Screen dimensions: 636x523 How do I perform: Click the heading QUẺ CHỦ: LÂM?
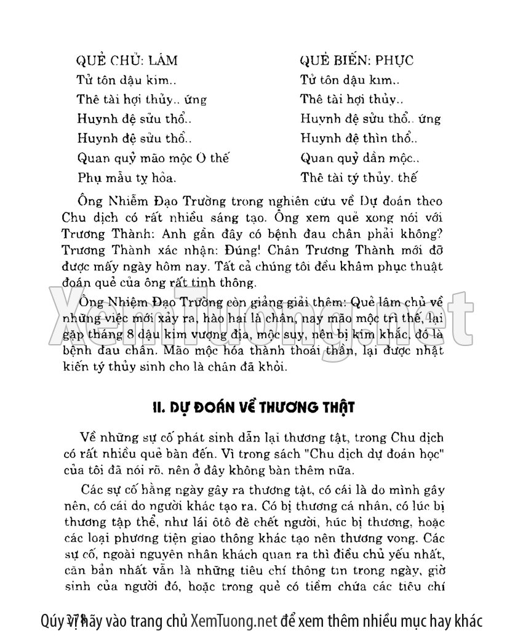coord(126,60)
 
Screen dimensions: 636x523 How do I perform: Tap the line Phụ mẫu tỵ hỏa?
coord(127,179)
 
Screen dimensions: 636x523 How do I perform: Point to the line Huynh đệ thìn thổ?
coord(359,139)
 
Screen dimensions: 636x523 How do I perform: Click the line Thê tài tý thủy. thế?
coord(359,179)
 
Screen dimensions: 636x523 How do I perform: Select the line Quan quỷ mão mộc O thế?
coord(153,159)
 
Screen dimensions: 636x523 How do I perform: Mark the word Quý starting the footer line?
coord(51,619)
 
